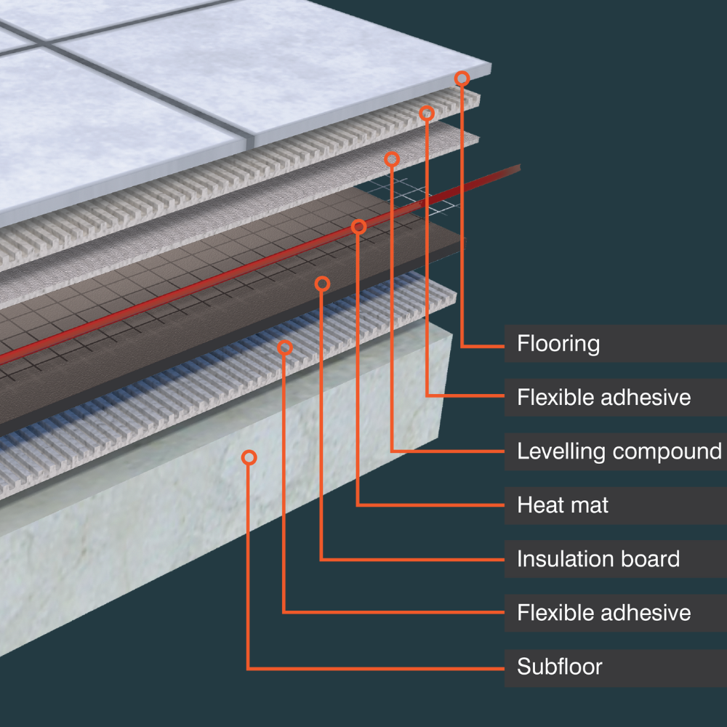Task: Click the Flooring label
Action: [558, 343]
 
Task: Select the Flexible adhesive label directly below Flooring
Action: [603, 397]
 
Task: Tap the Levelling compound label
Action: [619, 451]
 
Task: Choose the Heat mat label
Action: [563, 505]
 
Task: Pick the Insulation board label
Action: [598, 558]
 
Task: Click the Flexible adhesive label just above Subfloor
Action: [603, 612]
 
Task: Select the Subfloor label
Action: [559, 666]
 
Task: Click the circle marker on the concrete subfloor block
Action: [249, 457]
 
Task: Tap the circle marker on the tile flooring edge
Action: [462, 78]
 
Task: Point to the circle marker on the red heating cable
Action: [358, 227]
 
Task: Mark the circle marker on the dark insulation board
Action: [323, 284]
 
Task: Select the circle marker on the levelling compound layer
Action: [392, 158]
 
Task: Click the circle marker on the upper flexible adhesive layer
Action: [427, 113]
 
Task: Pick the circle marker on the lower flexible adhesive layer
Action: [285, 348]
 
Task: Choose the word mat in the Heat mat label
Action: [591, 505]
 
